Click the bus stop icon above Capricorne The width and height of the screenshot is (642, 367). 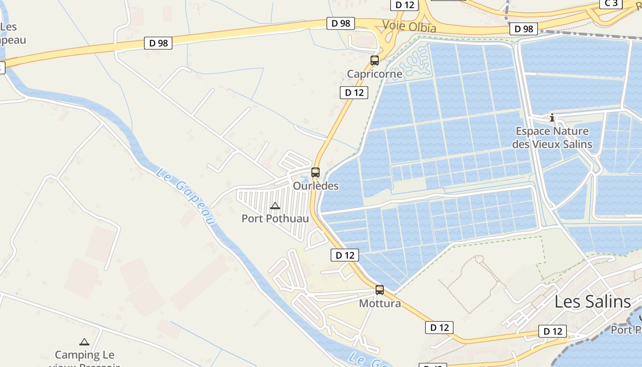(375, 60)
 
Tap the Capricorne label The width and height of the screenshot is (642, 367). (375, 74)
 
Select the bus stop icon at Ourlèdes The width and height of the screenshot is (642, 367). (315, 172)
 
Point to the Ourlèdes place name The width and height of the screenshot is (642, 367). (316, 186)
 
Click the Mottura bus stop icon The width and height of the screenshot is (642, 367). (380, 290)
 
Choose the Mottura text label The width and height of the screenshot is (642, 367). (380, 304)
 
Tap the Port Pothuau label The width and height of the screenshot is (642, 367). (275, 218)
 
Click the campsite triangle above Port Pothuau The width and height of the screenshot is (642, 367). (275, 206)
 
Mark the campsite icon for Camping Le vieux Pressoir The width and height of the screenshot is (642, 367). (84, 342)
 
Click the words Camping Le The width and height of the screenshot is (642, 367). (85, 355)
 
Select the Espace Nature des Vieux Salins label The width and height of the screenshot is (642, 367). (552, 138)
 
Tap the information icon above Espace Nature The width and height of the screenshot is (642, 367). (552, 118)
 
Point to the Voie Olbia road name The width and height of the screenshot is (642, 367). (409, 27)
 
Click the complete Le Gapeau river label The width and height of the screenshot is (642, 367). (185, 196)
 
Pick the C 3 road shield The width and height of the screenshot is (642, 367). (611, 4)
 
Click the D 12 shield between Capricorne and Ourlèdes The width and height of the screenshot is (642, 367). (354, 93)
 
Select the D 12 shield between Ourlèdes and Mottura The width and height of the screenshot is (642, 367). (345, 255)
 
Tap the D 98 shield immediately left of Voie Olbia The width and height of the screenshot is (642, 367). (341, 23)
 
